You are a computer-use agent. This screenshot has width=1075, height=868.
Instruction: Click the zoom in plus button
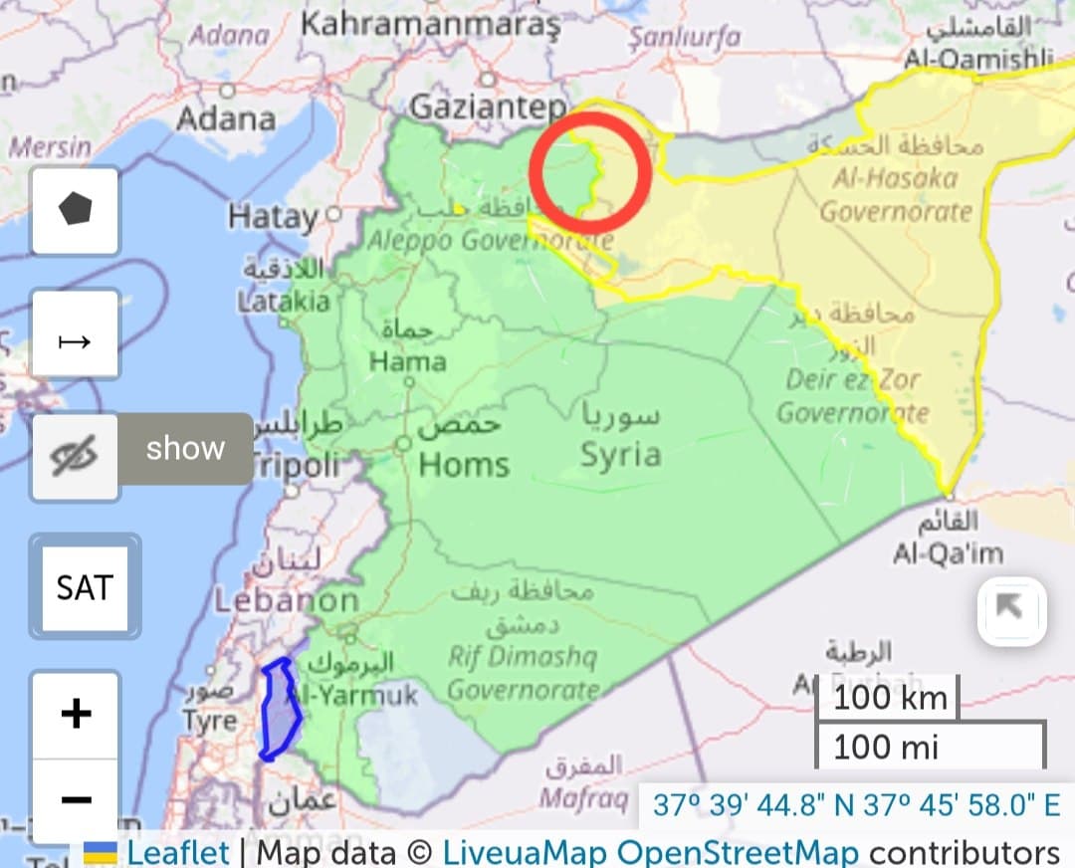pyautogui.click(x=77, y=714)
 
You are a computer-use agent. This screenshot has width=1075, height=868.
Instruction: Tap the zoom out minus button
pyautogui.click(x=77, y=799)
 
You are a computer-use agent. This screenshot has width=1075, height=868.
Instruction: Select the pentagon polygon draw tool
pyautogui.click(x=76, y=210)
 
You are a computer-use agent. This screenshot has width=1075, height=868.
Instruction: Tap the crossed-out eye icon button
pyautogui.click(x=75, y=457)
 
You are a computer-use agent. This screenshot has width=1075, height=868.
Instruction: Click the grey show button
pyautogui.click(x=185, y=449)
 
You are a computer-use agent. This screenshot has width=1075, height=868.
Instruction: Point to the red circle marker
pyautogui.click(x=589, y=173)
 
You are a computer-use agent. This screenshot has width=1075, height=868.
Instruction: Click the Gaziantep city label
pyautogui.click(x=488, y=107)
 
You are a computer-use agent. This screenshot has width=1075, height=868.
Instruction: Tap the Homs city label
pyautogui.click(x=464, y=464)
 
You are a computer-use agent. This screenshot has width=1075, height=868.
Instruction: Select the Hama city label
pyautogui.click(x=407, y=361)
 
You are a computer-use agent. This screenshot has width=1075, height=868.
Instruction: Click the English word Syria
pyautogui.click(x=620, y=455)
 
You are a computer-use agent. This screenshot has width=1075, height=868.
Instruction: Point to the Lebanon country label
pyautogui.click(x=287, y=600)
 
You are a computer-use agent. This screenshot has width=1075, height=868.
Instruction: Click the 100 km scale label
pyautogui.click(x=889, y=698)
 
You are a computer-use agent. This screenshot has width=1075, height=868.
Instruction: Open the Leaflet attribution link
pyautogui.click(x=177, y=852)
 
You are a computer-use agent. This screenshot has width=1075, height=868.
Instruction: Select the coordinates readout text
pyautogui.click(x=856, y=805)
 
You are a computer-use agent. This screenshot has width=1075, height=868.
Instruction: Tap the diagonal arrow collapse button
pyautogui.click(x=1011, y=609)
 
